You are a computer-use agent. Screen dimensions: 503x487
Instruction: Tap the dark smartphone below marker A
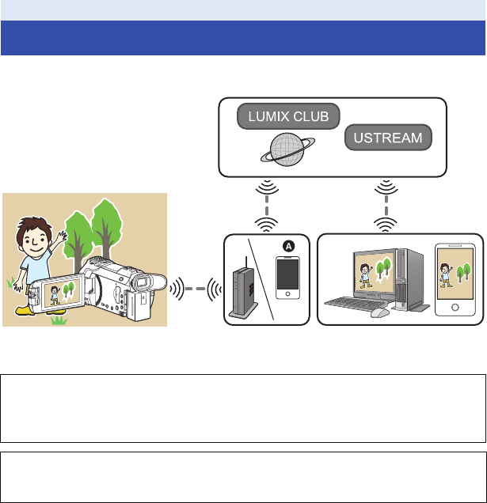point(287,279)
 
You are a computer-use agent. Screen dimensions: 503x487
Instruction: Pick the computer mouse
point(380,312)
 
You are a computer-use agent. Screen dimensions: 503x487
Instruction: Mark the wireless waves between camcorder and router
point(193,287)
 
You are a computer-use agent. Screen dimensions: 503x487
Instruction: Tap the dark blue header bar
point(243,38)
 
